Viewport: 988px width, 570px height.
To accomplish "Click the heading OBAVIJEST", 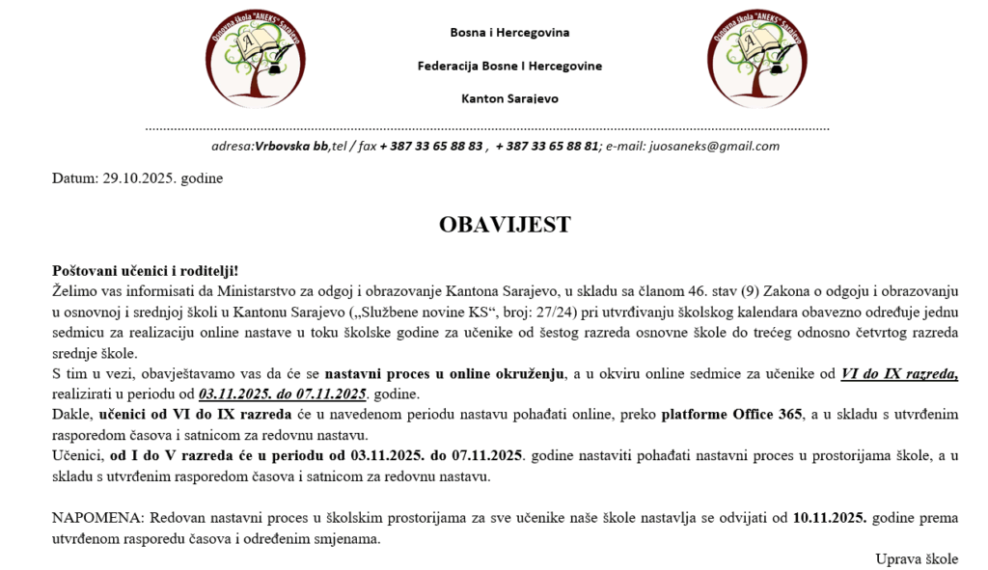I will tap(505, 225).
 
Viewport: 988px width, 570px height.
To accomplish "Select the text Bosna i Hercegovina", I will tap(509, 33).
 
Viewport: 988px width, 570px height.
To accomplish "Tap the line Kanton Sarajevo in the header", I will tap(509, 98).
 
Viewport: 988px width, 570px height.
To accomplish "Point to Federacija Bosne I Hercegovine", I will tap(509, 66).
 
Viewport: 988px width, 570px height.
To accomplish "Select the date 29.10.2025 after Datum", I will tap(137, 178).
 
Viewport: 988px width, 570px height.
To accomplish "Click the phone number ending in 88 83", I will tap(431, 147).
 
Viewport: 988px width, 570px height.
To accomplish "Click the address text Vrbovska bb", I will tap(291, 147).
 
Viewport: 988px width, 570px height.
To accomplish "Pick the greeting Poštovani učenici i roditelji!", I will tap(145, 272).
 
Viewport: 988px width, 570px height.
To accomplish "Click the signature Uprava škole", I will tap(917, 558).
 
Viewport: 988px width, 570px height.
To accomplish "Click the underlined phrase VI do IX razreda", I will tap(899, 374).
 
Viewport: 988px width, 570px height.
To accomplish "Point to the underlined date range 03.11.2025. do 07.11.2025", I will tap(283, 394).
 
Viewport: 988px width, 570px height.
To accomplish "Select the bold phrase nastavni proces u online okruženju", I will tap(443, 374).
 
